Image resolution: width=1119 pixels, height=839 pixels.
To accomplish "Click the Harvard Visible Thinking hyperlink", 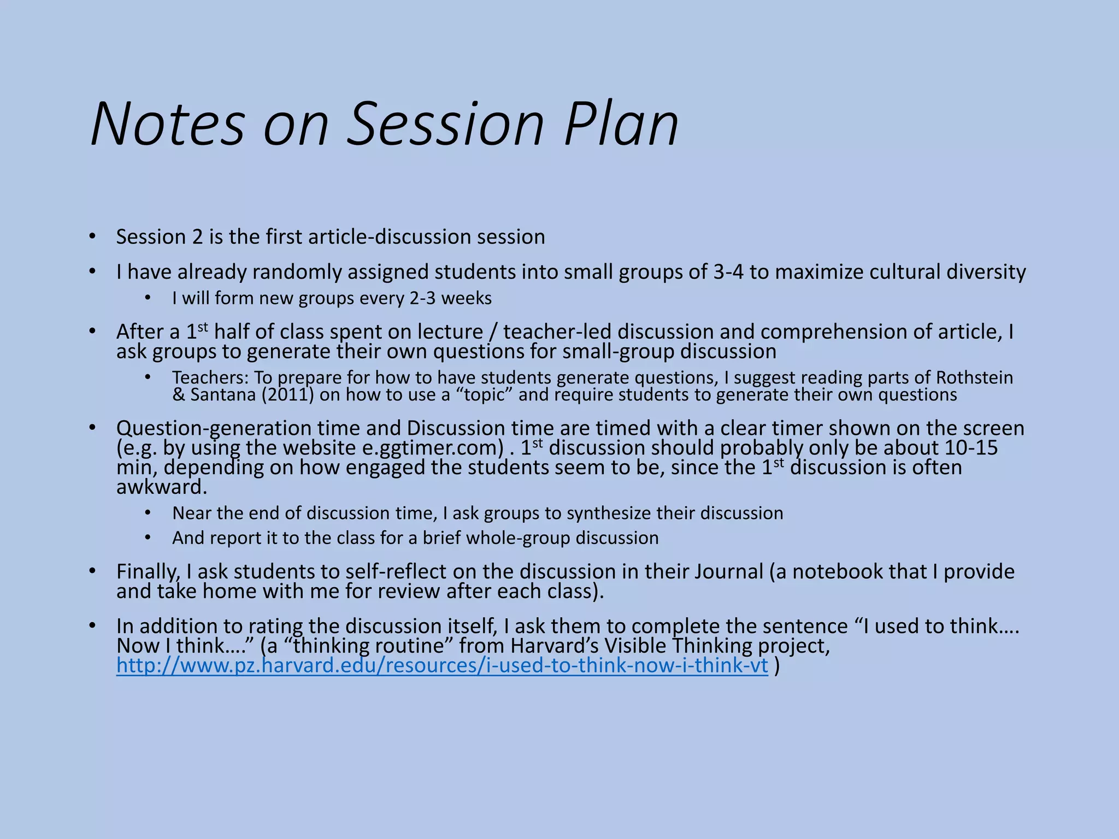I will coord(442,665).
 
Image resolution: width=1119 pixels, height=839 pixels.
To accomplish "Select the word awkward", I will coord(162,487).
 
